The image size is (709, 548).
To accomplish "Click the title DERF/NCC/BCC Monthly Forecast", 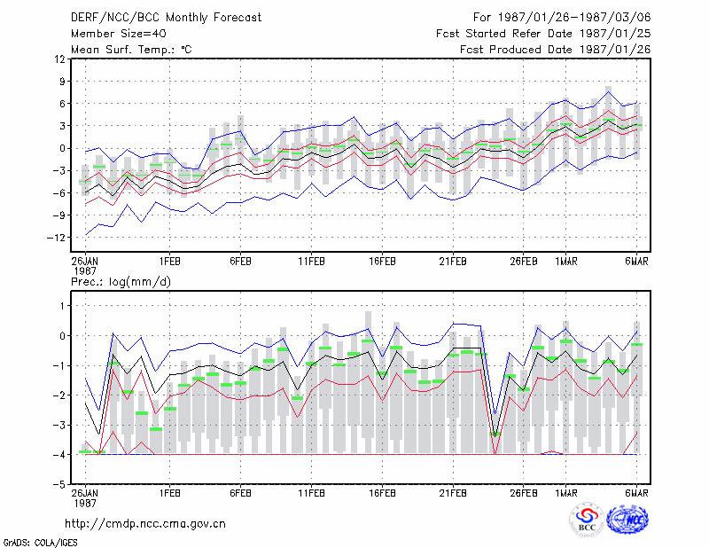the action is coord(166,18).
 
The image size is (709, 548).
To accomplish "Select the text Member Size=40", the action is coord(119,34).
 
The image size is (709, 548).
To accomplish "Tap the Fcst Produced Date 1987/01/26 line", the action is coord(556,50).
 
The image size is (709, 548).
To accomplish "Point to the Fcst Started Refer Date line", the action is coord(543,34).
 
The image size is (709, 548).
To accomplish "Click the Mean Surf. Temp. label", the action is coord(131,50).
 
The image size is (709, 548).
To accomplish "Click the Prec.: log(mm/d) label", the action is coord(121,282).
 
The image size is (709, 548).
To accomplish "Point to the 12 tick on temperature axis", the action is coord(60,59).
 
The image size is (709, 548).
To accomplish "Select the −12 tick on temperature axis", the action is coord(56,238).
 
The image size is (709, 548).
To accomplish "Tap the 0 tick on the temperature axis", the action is coord(62,148).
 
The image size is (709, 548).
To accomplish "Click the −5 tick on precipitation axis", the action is coord(59,485).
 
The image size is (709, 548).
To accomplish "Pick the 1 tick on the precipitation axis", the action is coord(62,306).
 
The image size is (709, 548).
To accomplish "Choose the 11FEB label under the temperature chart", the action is coord(311,262).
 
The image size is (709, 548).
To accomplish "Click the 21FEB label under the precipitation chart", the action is coord(453,493).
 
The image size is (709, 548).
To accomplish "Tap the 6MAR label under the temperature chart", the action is coord(636,262).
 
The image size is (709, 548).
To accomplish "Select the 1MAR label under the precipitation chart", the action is coord(566,493).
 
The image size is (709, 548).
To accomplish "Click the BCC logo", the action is coord(587,521).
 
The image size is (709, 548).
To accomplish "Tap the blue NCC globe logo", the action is coord(627,521).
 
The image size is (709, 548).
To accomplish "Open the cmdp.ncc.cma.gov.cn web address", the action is coord(145,524).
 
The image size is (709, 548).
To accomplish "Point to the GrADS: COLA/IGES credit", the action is coord(40,543).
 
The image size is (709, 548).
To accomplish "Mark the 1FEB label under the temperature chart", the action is coord(169,262).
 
